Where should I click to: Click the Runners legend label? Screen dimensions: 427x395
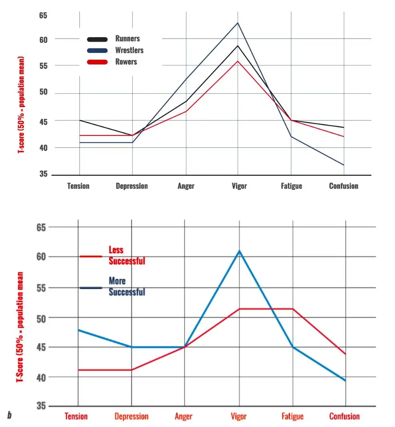tap(127, 39)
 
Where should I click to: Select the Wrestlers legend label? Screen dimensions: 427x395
tap(129, 50)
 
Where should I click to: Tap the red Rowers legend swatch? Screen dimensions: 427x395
tap(97, 62)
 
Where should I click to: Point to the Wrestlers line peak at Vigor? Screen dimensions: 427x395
tap(238, 23)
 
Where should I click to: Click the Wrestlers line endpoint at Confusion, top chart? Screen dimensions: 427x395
tap(344, 165)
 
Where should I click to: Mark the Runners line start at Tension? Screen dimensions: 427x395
tap(79, 120)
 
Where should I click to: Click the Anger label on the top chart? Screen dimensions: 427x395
tap(186, 186)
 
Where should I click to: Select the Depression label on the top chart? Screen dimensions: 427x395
tap(132, 186)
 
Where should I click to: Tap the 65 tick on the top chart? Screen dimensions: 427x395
tap(43, 16)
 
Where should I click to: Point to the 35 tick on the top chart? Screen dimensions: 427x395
tap(43, 175)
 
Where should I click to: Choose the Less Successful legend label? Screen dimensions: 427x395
tap(127, 255)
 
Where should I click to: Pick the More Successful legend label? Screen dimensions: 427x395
tap(127, 286)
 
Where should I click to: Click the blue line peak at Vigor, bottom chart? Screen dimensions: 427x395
tap(239, 251)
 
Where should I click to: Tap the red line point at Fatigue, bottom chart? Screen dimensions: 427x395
tap(293, 309)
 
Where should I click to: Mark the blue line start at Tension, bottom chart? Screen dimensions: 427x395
tap(78, 330)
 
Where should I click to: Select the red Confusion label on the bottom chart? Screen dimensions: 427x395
tap(344, 417)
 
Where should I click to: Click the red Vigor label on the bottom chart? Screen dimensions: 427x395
tap(239, 417)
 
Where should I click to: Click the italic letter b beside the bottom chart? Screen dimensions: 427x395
tap(9, 415)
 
